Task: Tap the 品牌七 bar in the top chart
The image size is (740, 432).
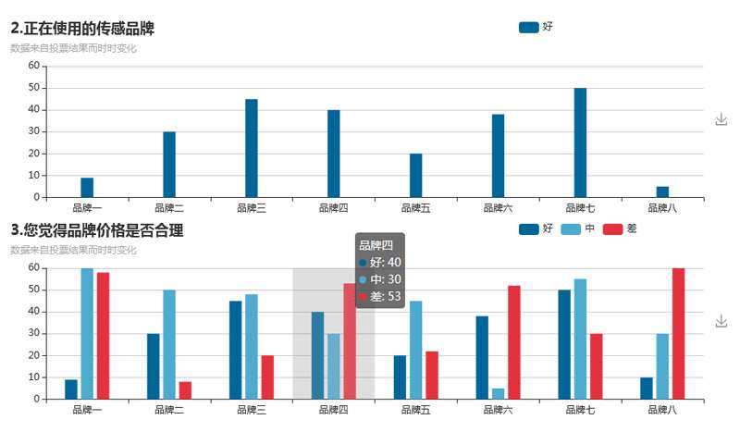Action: tap(580, 142)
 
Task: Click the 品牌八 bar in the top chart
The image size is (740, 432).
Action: tap(662, 191)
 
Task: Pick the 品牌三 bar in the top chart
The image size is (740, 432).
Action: tap(252, 148)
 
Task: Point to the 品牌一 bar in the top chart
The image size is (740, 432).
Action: tap(87, 187)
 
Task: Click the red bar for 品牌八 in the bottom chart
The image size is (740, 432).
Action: tap(678, 334)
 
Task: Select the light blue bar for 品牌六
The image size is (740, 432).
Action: tap(499, 394)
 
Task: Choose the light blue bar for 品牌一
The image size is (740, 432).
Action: tap(87, 334)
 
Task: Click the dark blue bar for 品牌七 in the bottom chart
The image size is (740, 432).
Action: tap(564, 344)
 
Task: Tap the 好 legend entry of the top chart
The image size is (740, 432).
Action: tap(536, 28)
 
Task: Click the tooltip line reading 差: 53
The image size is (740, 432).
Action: tap(380, 296)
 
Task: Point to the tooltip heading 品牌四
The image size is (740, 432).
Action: tap(376, 245)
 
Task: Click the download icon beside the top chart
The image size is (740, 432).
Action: tap(721, 119)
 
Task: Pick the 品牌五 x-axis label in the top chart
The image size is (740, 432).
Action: tap(416, 208)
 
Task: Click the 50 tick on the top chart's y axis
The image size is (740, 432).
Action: tap(33, 88)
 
